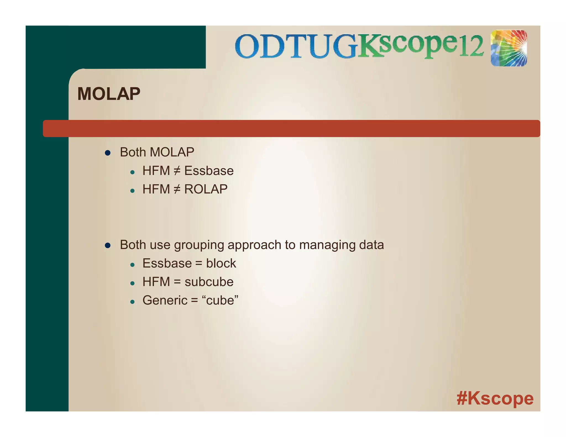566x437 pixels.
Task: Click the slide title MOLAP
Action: coord(109,94)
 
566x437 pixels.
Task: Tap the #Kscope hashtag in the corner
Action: coord(495,398)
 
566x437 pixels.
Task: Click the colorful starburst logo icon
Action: coord(509,48)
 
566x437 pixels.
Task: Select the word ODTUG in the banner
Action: coord(296,46)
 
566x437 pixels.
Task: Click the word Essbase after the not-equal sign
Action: coord(209,171)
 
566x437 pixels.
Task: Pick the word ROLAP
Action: coord(206,189)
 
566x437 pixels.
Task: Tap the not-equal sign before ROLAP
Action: coord(177,189)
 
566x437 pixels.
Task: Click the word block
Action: coord(221,263)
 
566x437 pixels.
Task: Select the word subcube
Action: coord(209,282)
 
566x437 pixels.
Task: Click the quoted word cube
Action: coord(220,300)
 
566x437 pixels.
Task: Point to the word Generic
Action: coord(165,300)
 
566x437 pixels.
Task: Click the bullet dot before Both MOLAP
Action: coord(108,153)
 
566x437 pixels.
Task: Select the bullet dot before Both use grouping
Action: coord(108,245)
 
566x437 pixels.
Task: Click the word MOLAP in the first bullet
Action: coord(172,152)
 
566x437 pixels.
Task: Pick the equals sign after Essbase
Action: coord(198,264)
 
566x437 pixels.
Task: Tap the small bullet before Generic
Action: coord(132,302)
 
